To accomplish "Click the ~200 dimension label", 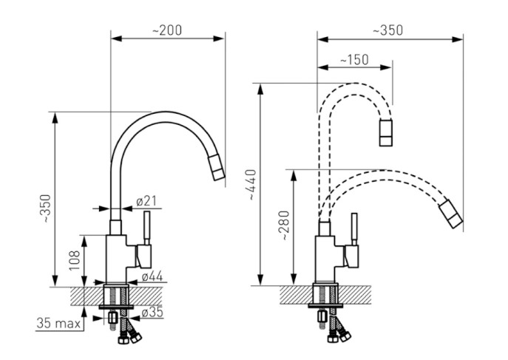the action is tap(167, 30).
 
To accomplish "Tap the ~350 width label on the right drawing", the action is tap(388, 30).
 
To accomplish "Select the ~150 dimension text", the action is tap(354, 60).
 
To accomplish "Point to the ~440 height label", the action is tap(253, 185).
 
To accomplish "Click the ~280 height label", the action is tap(285, 225).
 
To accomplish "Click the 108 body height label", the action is tap(74, 260).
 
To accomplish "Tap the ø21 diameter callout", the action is tap(146, 201).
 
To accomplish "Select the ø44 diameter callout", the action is tap(152, 276).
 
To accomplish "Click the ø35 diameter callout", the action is tap(152, 313).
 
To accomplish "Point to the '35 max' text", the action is tap(58, 323).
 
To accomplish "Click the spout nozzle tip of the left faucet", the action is tap(217, 168).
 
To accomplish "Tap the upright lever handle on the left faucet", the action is tap(147, 228).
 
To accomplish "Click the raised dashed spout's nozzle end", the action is tap(386, 132).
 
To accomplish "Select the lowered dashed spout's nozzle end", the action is tap(450, 214).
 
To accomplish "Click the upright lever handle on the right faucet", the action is tap(354, 229).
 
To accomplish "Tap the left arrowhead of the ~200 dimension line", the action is tap(116, 38).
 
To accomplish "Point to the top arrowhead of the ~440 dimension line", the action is tap(260, 89).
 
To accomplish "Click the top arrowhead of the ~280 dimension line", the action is tap(294, 175).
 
